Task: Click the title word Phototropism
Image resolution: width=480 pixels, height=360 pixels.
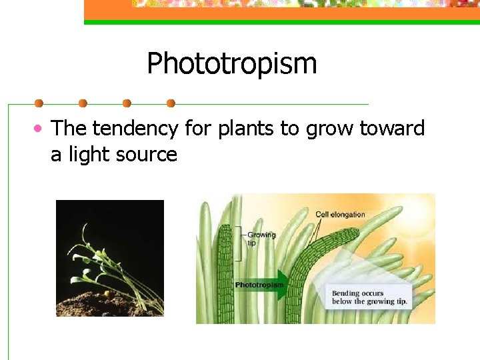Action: pyautogui.click(x=231, y=65)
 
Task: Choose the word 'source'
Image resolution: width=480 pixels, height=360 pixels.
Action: pyautogui.click(x=147, y=156)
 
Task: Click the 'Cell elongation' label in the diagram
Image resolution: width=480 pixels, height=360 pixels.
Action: pyautogui.click(x=340, y=214)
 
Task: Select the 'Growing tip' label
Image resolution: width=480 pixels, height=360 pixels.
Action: pyautogui.click(x=261, y=239)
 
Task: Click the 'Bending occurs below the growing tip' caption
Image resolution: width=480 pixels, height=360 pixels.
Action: pyautogui.click(x=369, y=297)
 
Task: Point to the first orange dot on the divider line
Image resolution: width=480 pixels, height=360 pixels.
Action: pyautogui.click(x=39, y=103)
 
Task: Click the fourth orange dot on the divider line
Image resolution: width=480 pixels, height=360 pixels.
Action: pyautogui.click(x=171, y=103)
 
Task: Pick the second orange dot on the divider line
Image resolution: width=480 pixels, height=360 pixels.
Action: pyautogui.click(x=83, y=103)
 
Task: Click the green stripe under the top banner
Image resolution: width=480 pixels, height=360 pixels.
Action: pyautogui.click(x=280, y=22)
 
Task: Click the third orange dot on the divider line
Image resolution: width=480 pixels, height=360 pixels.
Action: pyautogui.click(x=127, y=103)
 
